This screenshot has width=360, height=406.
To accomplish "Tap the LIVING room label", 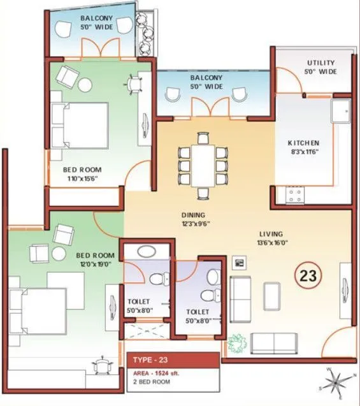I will [x=271, y=234].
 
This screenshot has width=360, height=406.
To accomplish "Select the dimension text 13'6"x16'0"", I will [x=271, y=243].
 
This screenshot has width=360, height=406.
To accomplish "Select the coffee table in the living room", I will [x=272, y=294].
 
